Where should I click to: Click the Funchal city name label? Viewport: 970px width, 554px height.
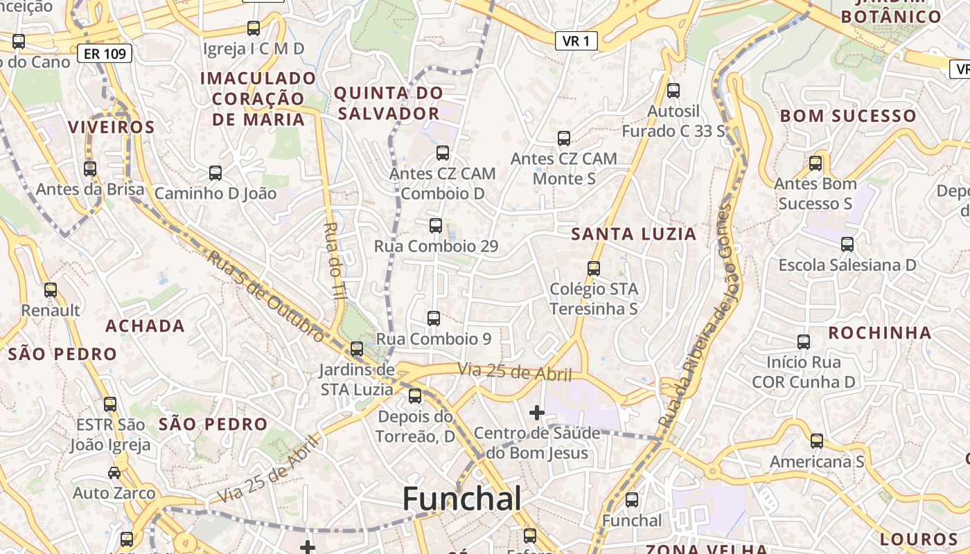click(x=461, y=498)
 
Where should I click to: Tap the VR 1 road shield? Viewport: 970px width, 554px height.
click(x=576, y=42)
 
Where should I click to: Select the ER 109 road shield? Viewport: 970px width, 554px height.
click(x=105, y=53)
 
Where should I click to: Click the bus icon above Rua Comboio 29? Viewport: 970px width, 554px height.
click(x=435, y=226)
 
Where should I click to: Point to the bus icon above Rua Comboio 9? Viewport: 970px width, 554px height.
click(x=434, y=319)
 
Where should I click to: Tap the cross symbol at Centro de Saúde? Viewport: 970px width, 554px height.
click(x=536, y=413)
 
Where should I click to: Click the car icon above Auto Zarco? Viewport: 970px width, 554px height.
click(x=114, y=473)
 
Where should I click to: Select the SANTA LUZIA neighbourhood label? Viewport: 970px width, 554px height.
click(x=633, y=234)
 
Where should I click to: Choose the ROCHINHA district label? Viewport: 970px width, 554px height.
click(x=880, y=333)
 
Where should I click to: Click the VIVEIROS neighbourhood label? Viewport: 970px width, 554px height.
click(x=112, y=127)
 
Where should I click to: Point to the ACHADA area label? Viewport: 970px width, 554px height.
click(x=145, y=326)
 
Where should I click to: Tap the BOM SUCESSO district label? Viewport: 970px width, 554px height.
click(x=848, y=116)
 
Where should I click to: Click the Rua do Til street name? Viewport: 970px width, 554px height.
click(x=335, y=260)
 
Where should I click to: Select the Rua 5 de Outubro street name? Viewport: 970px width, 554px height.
click(x=266, y=296)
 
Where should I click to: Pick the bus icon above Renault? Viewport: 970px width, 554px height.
click(x=51, y=290)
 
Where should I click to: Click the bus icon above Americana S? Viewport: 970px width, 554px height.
click(x=817, y=441)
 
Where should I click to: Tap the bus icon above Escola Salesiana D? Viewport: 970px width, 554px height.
click(x=847, y=244)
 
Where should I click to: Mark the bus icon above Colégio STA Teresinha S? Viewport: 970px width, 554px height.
click(x=594, y=269)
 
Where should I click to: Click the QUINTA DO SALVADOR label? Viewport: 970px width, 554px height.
click(x=388, y=103)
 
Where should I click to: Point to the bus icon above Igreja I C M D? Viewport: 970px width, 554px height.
click(x=254, y=28)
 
